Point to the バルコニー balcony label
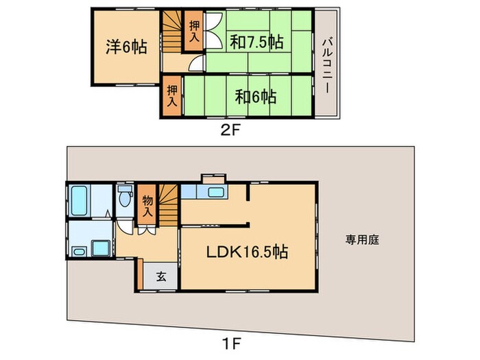pyautogui.click(x=327, y=64)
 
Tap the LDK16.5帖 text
pyautogui.click(x=248, y=252)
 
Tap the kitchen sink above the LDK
pyautogui.click(x=215, y=193)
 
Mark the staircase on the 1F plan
pyautogui.click(x=168, y=204)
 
